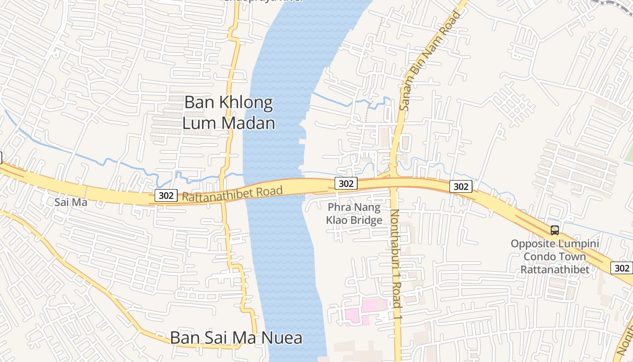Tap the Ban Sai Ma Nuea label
(236, 338)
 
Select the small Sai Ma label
(71, 202)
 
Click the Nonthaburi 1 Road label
(397, 258)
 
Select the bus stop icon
(555, 230)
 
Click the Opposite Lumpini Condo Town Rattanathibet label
(555, 257)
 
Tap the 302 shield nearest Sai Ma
(166, 195)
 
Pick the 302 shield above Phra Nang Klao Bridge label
(346, 183)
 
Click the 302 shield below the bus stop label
(622, 268)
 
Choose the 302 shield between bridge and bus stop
(461, 186)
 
